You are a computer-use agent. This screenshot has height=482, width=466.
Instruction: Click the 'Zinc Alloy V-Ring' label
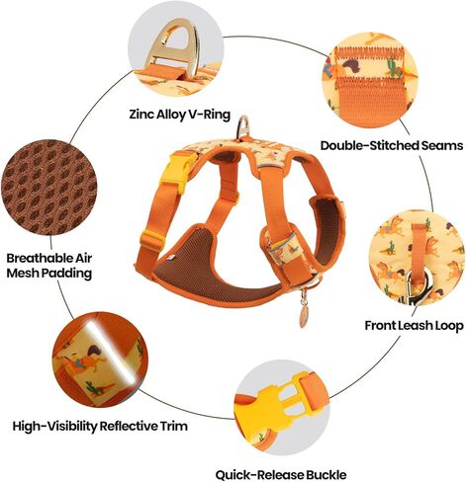coord(179,115)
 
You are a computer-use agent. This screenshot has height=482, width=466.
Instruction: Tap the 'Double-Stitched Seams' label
coord(392,145)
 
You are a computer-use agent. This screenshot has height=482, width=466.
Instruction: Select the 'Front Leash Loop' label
coord(414,326)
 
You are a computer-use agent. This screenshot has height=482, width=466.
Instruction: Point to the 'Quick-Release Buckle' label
coord(281,475)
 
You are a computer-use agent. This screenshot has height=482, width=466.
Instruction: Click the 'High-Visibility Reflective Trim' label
coord(100,426)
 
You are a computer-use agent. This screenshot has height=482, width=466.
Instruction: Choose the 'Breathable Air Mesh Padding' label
coord(48,266)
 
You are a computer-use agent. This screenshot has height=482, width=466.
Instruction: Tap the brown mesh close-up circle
coord(48,187)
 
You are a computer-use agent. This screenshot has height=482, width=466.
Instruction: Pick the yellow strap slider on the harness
coord(152,241)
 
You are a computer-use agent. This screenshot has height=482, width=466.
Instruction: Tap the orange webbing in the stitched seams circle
coord(369,101)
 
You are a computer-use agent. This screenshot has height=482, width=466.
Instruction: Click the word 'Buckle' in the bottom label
coord(326,475)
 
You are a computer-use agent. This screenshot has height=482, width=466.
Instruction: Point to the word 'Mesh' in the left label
coord(21,274)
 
